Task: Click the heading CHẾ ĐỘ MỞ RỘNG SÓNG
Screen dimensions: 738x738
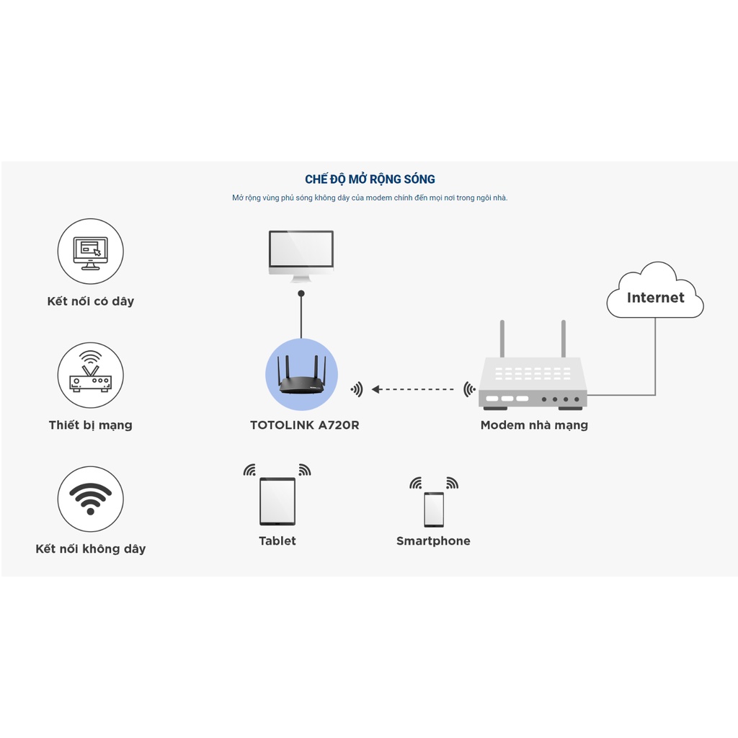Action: (x=370, y=179)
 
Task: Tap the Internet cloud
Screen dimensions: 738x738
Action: (x=654, y=293)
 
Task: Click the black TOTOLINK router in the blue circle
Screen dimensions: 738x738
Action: (x=301, y=378)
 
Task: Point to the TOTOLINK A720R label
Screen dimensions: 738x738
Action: (x=304, y=425)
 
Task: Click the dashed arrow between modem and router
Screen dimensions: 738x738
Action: (x=413, y=389)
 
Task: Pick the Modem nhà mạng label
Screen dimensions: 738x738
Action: (x=534, y=425)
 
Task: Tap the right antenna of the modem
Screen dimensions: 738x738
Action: (x=564, y=339)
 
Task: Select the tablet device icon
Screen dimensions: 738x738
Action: (x=277, y=501)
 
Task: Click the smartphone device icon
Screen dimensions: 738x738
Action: (x=434, y=509)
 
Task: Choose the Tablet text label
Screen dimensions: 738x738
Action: (x=277, y=541)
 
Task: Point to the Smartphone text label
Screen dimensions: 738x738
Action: (x=433, y=541)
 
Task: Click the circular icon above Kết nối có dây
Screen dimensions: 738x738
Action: (x=91, y=251)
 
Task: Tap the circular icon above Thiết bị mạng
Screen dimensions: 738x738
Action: (x=91, y=375)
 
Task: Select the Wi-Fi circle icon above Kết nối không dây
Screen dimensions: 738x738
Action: (x=91, y=499)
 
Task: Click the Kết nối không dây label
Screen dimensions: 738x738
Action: (x=91, y=549)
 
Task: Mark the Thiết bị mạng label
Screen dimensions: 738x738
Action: (x=91, y=425)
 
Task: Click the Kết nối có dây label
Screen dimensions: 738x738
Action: (x=91, y=301)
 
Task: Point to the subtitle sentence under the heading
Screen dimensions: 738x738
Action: (x=370, y=198)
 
